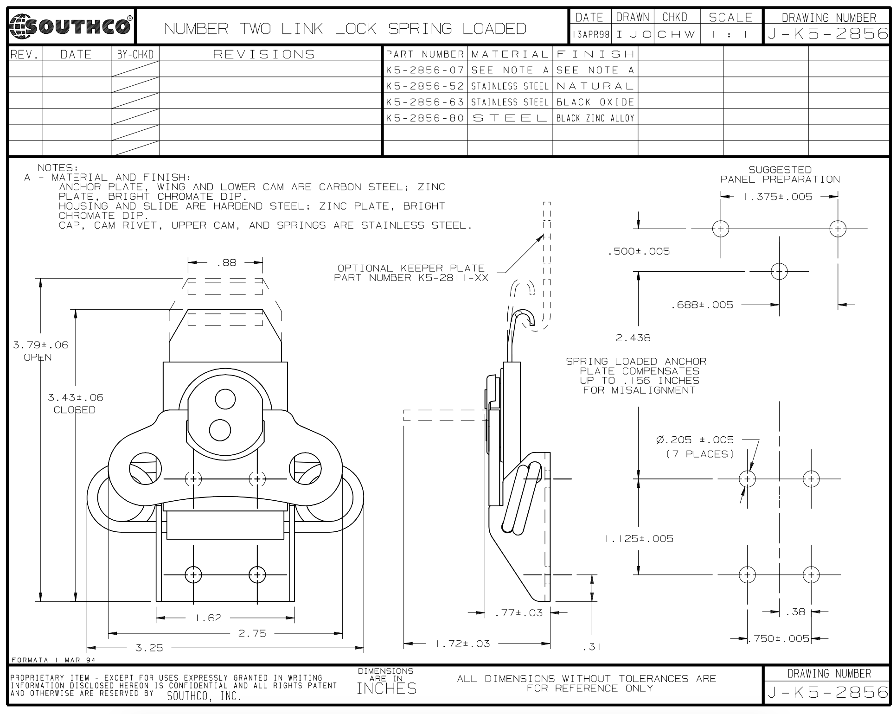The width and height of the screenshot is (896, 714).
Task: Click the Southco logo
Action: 71,26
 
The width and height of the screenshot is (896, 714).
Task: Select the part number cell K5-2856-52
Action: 425,86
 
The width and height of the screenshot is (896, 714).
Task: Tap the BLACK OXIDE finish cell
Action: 595,102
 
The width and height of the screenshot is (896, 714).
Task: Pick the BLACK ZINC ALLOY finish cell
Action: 595,118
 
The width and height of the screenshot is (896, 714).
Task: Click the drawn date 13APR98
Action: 591,34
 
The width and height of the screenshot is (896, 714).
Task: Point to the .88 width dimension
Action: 226,263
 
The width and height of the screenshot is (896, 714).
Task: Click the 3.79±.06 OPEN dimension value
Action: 41,345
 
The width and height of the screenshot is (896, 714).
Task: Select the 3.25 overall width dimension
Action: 149,648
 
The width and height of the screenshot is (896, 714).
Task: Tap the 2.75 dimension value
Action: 252,634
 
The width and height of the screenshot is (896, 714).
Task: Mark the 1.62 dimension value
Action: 209,618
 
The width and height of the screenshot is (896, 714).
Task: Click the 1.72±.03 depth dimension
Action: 463,644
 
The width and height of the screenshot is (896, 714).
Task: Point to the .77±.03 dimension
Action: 518,613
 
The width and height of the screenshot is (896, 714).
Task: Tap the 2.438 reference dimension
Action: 633,338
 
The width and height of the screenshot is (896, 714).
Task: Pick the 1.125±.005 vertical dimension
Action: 639,539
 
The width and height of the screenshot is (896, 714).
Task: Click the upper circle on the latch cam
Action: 225,398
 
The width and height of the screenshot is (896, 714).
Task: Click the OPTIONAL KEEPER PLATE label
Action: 411,268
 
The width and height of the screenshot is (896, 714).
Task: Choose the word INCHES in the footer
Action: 386,689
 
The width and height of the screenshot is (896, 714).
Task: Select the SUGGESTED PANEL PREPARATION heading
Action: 780,175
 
